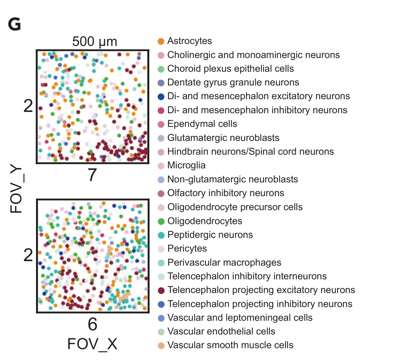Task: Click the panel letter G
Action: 14,24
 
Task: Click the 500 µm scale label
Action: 95,41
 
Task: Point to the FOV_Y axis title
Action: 16,190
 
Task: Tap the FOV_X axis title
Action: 92,344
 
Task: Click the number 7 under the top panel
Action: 92,175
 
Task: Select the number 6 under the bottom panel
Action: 92,324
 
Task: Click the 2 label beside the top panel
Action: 28,106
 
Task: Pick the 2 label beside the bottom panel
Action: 28,255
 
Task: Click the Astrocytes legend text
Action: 189,41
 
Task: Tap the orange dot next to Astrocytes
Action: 161,41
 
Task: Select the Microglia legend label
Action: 186,165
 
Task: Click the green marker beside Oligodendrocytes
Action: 161,221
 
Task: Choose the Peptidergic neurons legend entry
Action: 210,235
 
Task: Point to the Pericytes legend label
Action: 187,248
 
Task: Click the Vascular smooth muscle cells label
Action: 230,345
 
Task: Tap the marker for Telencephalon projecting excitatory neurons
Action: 161,290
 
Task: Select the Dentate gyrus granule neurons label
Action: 233,82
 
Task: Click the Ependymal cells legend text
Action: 202,124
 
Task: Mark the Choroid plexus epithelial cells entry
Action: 230,69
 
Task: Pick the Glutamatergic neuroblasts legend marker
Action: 161,138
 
